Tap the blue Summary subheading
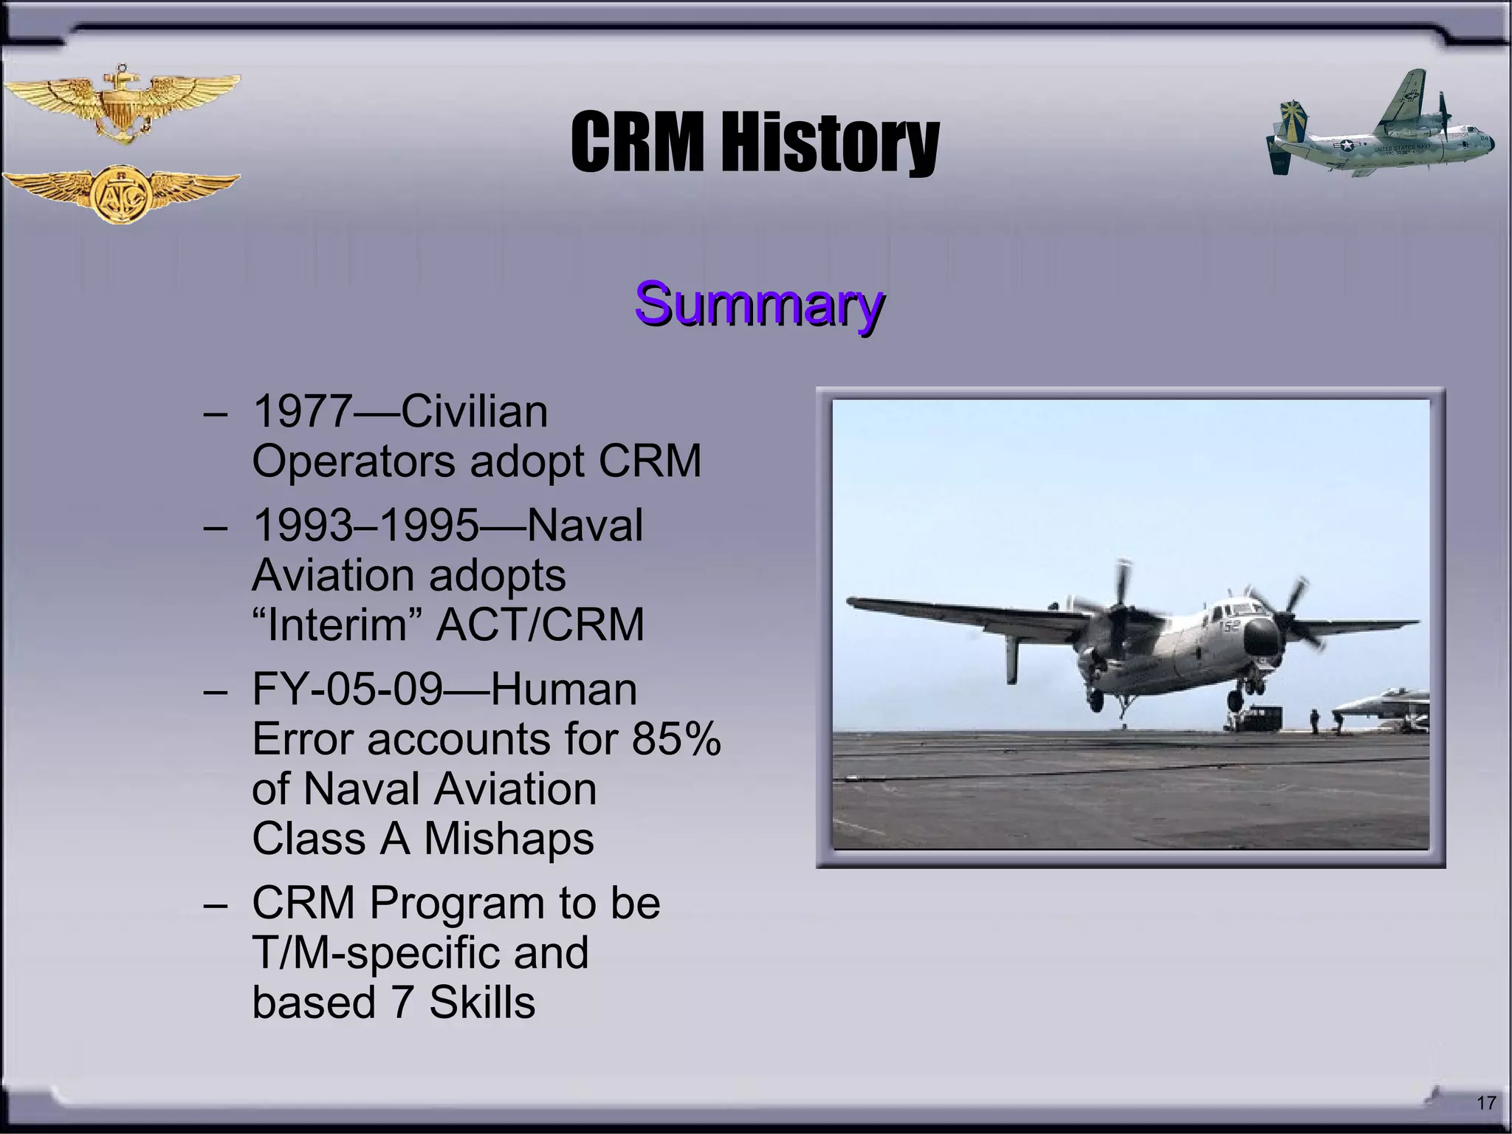(x=759, y=303)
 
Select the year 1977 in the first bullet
(x=303, y=411)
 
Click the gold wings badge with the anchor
(x=120, y=103)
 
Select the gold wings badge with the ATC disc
(x=120, y=193)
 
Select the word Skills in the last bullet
(x=481, y=1003)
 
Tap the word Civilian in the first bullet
(x=473, y=411)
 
